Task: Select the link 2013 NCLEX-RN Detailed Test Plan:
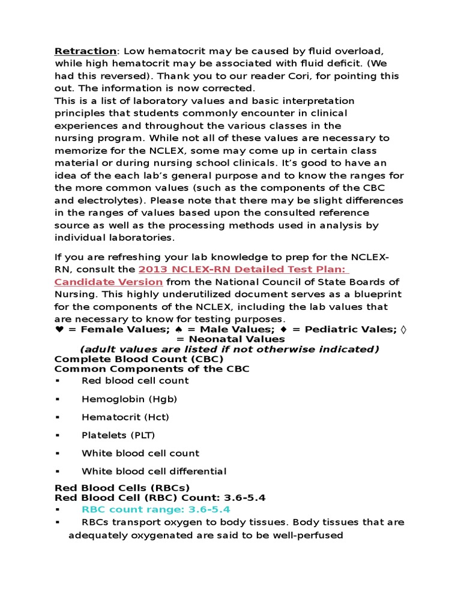(244, 269)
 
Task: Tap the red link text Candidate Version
(109, 282)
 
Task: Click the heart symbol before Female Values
(58, 329)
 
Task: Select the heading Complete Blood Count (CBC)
(139, 359)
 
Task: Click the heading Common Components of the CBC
(152, 369)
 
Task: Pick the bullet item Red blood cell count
(135, 380)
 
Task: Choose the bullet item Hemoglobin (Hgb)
(129, 398)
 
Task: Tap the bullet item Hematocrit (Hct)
(125, 417)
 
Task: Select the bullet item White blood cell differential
(154, 471)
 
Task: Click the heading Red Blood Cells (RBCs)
(122, 488)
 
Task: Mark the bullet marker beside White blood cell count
(58, 453)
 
